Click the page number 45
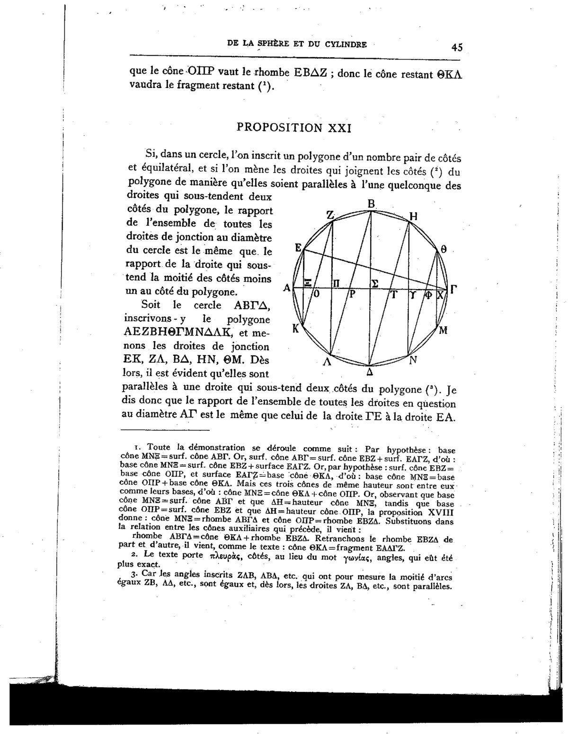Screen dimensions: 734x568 [x=457, y=47]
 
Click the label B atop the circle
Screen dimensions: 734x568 [x=372, y=204]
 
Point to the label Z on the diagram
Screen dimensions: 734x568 [x=330, y=215]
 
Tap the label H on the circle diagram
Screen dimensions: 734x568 [x=413, y=217]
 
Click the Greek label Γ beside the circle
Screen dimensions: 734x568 [x=453, y=289]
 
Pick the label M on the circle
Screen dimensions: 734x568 [x=443, y=330]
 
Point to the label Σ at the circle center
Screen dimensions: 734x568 [x=374, y=283]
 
